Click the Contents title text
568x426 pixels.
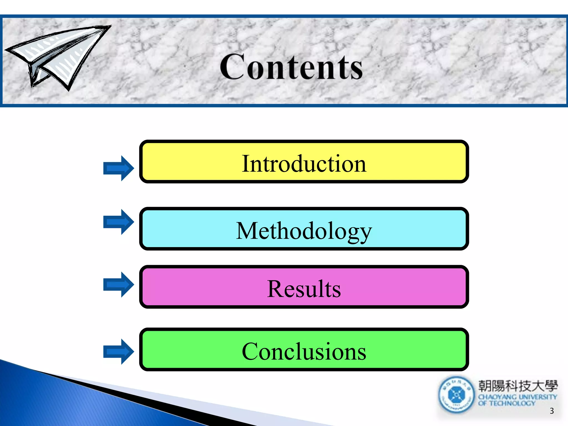291,67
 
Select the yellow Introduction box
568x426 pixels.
304,162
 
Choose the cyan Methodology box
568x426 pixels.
304,229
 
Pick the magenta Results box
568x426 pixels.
304,287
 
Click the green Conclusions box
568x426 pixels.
304,349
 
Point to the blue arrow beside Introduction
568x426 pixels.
118,168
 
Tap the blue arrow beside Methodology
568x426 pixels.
118,222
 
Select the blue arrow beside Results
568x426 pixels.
118,285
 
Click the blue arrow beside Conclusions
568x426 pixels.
118,351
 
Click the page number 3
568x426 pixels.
552,411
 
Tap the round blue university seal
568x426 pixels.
456,395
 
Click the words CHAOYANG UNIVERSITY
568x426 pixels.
518,397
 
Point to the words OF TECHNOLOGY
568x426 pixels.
506,403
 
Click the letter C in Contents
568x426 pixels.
232,67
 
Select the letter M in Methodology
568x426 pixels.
247,231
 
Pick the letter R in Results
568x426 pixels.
276,289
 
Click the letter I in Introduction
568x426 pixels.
245,164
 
